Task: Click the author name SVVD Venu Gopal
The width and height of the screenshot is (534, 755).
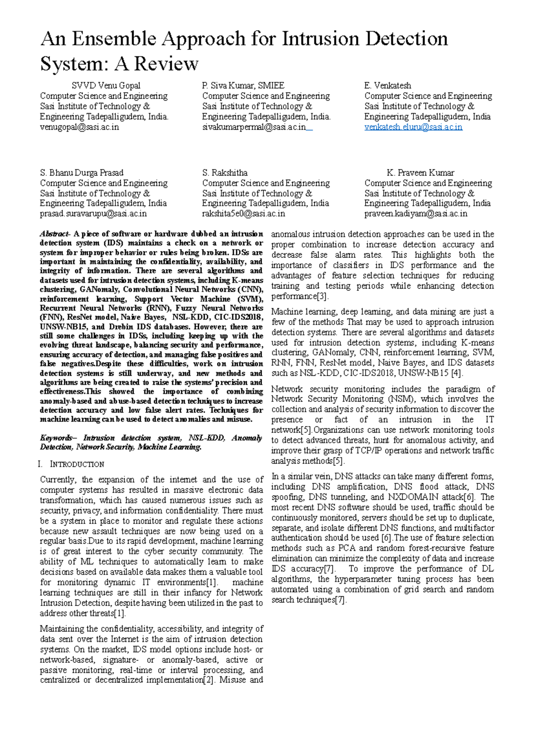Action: pos(106,85)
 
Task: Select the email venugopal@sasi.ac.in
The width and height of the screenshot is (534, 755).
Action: pos(79,127)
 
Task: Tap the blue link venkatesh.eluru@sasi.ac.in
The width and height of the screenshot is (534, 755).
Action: pos(413,127)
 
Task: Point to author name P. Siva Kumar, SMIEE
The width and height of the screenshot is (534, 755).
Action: pos(243,85)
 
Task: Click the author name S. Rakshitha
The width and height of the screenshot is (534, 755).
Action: pos(225,173)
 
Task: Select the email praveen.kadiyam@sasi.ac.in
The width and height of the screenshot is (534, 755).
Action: pos(416,213)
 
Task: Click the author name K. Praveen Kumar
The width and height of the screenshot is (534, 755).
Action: pos(420,173)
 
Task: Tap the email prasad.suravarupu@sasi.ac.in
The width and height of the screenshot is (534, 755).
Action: pos(93,213)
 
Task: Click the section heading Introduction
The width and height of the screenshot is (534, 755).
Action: pos(77,464)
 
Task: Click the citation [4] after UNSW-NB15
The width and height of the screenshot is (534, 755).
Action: pos(457,373)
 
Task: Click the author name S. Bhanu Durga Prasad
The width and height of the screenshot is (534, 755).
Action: pos(81,173)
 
